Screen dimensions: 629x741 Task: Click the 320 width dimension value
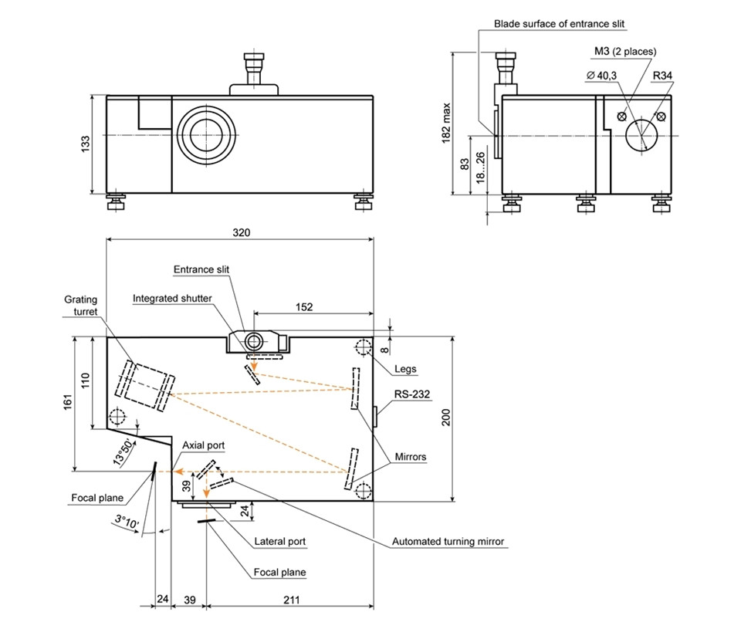240,232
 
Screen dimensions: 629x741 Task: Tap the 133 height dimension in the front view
86,144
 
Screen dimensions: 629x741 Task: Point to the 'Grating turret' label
80,305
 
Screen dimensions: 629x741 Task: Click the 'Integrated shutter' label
172,298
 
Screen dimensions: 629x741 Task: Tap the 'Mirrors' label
410,457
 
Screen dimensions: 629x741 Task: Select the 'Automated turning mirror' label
448,542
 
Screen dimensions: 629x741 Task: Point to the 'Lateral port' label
280,542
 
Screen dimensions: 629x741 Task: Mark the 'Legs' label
405,368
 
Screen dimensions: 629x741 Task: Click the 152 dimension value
304,307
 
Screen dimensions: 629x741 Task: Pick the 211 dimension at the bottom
290,599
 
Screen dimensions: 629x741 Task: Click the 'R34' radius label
663,76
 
